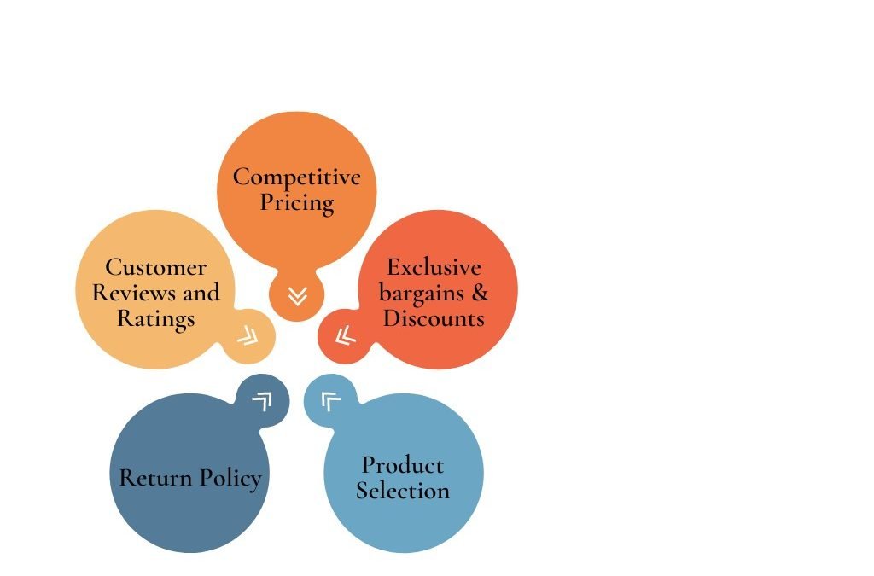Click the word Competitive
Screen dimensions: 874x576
tap(296, 177)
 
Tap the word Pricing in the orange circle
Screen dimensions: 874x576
tap(297, 203)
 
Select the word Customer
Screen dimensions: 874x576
tap(155, 267)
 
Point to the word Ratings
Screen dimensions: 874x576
tap(156, 319)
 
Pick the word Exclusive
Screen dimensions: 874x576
tap(434, 267)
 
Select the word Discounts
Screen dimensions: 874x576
tap(434, 318)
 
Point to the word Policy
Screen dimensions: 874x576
tap(230, 479)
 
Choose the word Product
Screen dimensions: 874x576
tap(403, 465)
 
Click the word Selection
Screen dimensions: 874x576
tap(403, 491)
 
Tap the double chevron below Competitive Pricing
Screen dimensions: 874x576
tap(298, 296)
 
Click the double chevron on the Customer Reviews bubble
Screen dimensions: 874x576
tap(248, 336)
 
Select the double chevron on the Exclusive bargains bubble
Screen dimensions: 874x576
tap(346, 335)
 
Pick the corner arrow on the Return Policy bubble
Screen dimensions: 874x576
tap(263, 401)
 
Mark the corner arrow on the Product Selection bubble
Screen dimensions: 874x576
tap(331, 401)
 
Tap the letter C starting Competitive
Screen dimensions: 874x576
tap(241, 177)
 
